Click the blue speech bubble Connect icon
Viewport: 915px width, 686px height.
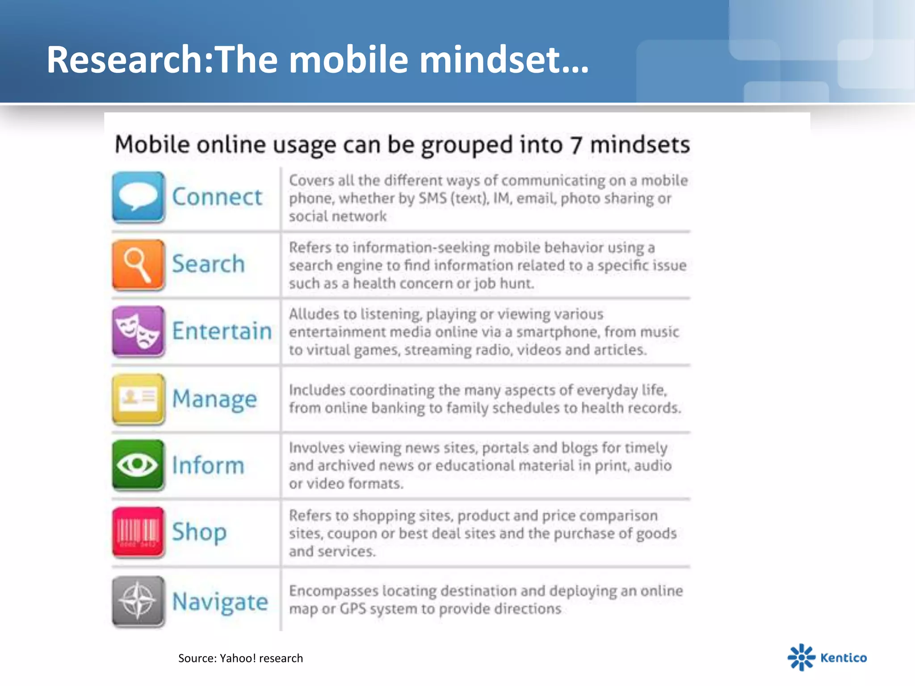pos(138,197)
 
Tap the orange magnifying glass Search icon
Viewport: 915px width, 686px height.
pos(138,264)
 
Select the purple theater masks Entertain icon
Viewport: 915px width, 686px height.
pos(138,331)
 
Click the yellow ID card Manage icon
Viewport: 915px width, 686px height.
pos(138,398)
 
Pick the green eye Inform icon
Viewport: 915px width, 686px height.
pos(138,465)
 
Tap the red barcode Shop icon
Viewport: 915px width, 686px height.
pos(138,532)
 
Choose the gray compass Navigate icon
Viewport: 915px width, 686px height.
pos(138,601)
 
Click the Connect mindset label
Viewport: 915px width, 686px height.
pos(217,197)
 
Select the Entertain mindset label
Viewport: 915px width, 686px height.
pos(222,331)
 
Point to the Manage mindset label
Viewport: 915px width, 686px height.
pos(214,399)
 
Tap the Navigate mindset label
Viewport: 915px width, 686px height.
pos(220,602)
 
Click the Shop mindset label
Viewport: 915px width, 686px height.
pos(199,532)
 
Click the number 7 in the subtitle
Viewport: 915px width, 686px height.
pos(576,145)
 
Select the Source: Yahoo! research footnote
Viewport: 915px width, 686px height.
pos(240,658)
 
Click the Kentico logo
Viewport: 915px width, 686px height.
pos(827,657)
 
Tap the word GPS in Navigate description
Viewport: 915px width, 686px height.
pos(353,609)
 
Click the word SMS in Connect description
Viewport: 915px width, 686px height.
pos(432,198)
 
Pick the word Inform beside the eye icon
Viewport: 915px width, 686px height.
pos(208,465)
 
